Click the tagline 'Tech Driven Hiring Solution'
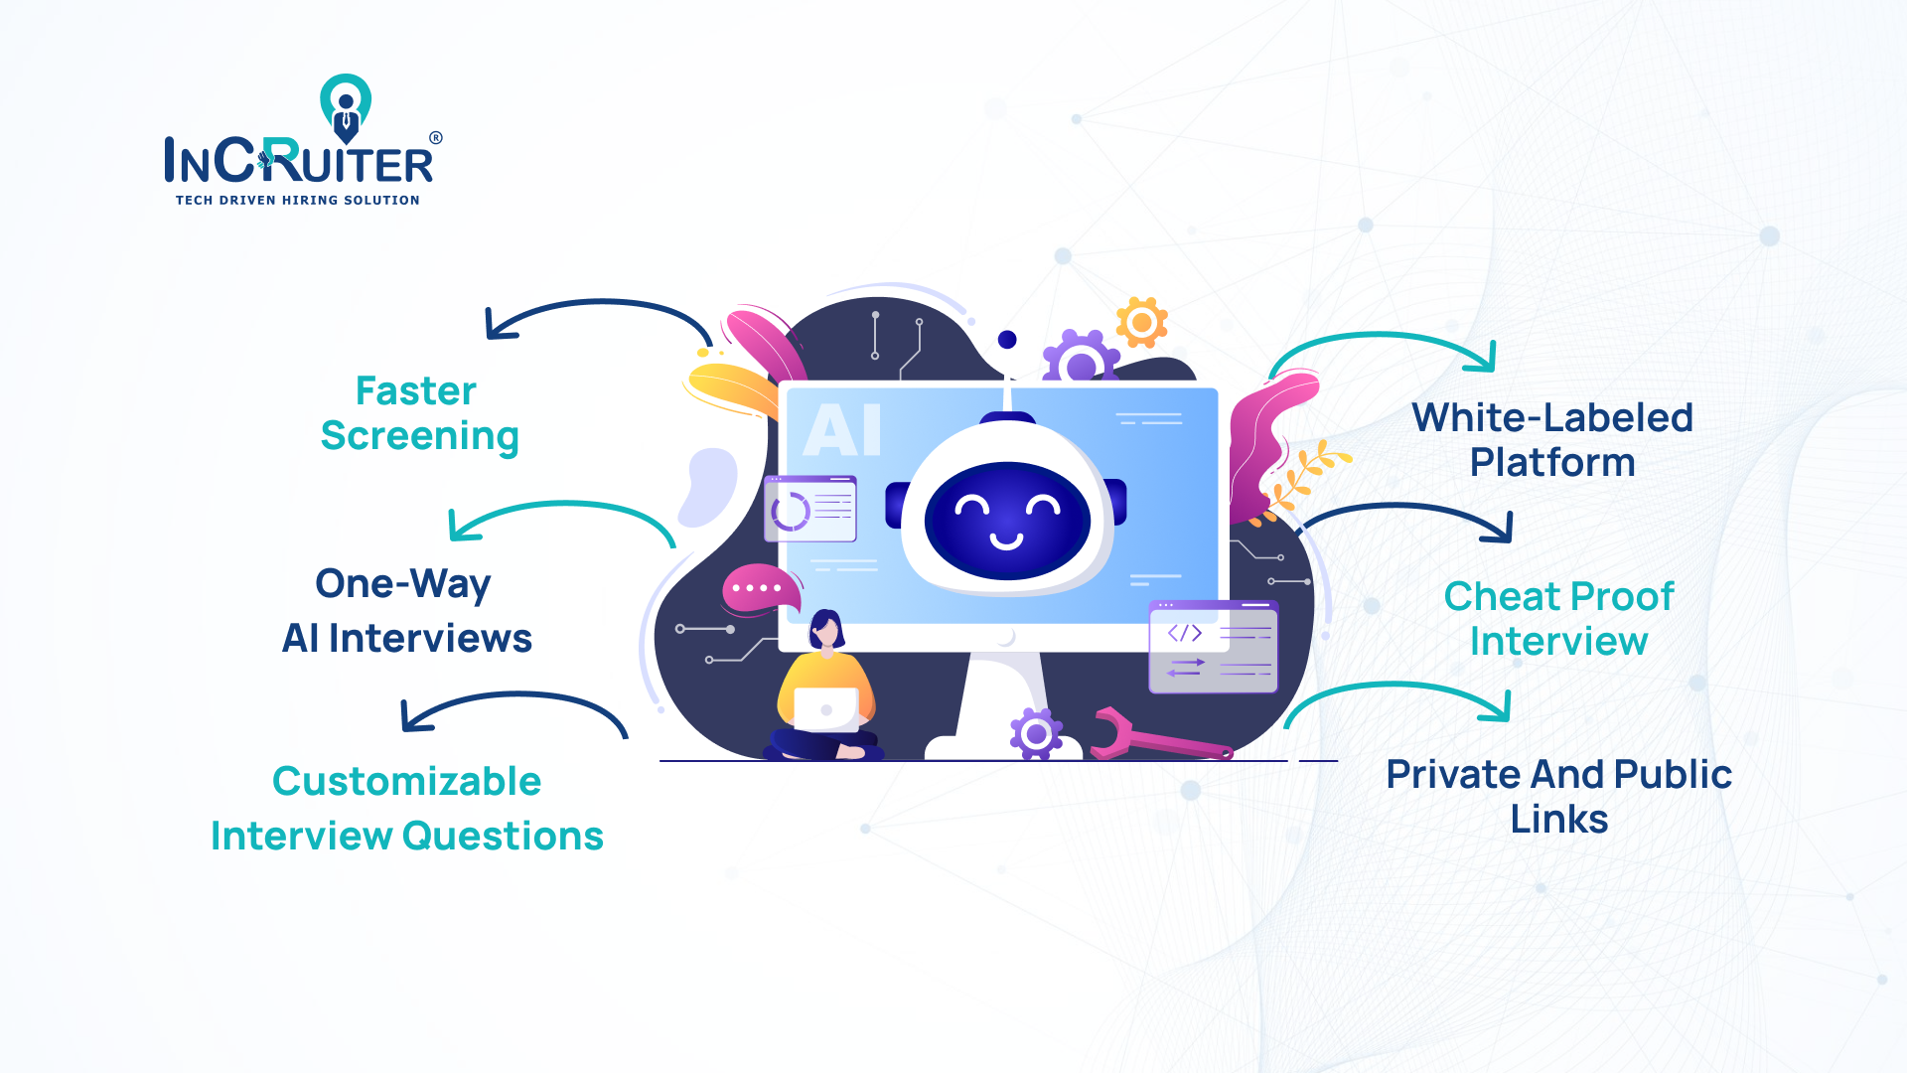tap(298, 200)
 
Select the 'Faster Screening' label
tap(418, 413)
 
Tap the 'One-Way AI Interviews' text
tap(406, 610)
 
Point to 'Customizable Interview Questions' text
tap(407, 808)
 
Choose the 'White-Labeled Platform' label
tap(1552, 439)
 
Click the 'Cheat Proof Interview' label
tap(1558, 618)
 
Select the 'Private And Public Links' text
tap(1558, 796)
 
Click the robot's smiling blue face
tap(1007, 520)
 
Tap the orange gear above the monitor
tap(1141, 322)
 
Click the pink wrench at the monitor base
tap(1157, 736)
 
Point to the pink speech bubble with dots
tap(760, 589)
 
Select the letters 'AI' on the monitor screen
tap(842, 430)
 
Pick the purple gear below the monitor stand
tap(1036, 734)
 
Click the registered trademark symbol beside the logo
tap(435, 138)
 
